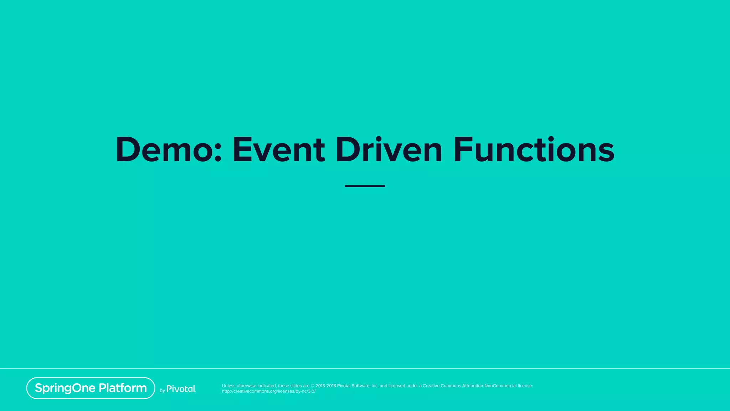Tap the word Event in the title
coord(279,150)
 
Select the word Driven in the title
coord(389,150)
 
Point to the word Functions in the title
coord(534,150)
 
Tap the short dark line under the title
coord(365,186)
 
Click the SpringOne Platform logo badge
coord(91,388)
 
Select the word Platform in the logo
coord(123,388)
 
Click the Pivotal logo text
coord(181,389)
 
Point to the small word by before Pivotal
coord(162,391)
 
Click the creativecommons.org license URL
coord(269,391)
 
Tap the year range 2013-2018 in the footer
coord(325,386)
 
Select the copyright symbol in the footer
coord(313,386)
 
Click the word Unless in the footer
coord(228,386)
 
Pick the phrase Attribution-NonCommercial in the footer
coord(489,386)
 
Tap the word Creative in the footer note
coord(431,386)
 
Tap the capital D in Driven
coord(348,150)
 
